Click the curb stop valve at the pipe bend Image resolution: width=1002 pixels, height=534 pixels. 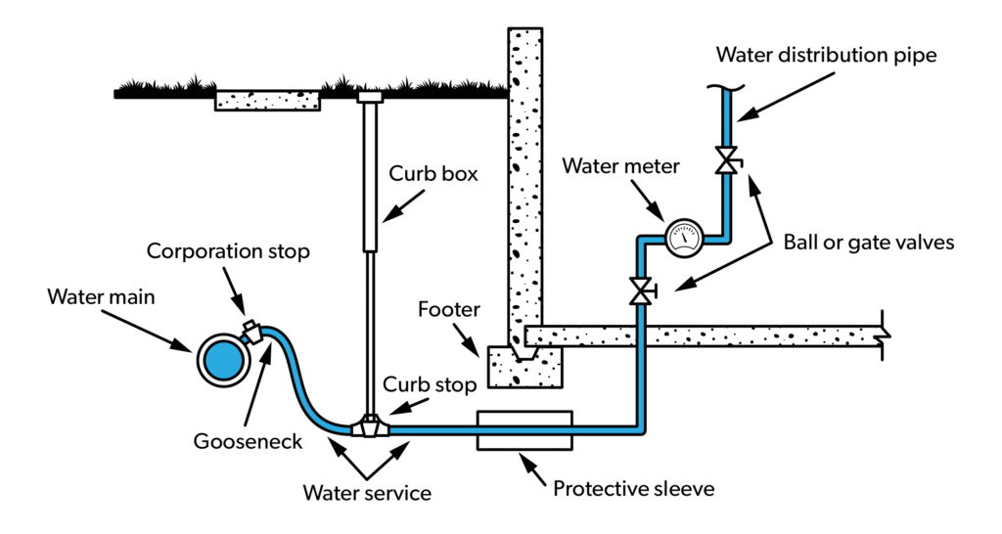[x=370, y=427]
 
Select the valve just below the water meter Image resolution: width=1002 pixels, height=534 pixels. [x=643, y=290]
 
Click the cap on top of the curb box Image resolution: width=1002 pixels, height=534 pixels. [x=370, y=97]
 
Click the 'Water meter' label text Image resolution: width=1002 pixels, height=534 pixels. [x=620, y=166]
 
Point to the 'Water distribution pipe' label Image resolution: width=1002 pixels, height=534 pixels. [x=826, y=55]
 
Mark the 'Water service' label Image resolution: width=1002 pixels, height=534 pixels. [x=367, y=493]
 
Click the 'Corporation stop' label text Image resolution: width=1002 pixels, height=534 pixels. [x=228, y=250]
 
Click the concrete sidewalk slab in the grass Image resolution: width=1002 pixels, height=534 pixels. [x=267, y=100]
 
